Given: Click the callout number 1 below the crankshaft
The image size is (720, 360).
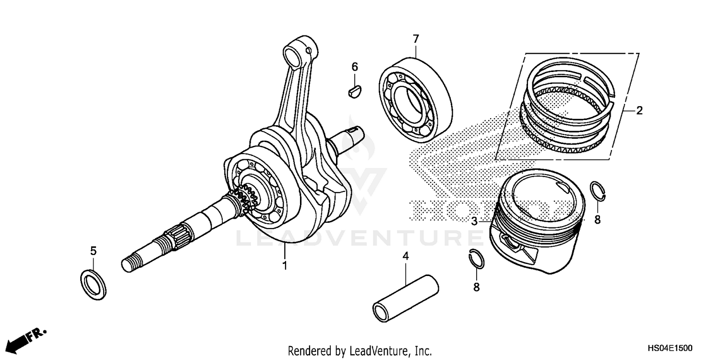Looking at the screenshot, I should coord(285,265).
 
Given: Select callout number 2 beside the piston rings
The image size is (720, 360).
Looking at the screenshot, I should coord(639,111).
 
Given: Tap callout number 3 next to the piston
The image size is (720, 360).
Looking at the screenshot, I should coord(474,221).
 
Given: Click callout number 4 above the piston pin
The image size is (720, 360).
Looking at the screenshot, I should coord(405,257).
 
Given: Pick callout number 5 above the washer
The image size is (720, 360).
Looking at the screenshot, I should coord(94,251).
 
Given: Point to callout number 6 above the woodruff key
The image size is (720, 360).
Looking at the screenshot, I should coord(355,67).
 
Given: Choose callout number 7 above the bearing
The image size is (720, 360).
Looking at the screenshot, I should coord(416,38).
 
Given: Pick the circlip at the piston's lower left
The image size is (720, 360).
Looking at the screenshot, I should coord(476,260).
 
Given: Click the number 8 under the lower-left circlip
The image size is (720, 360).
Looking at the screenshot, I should coord(476,287).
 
